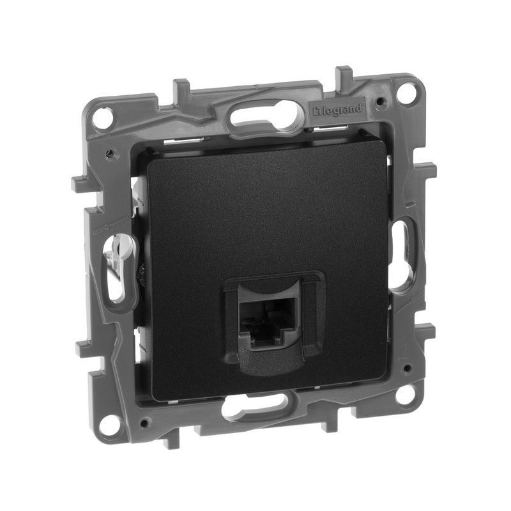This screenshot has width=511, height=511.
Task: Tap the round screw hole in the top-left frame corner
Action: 101,117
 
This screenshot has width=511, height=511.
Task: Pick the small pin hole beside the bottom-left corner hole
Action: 146,422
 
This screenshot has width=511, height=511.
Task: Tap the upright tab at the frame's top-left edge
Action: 181,87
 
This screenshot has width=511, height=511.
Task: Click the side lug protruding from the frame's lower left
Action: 86,348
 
